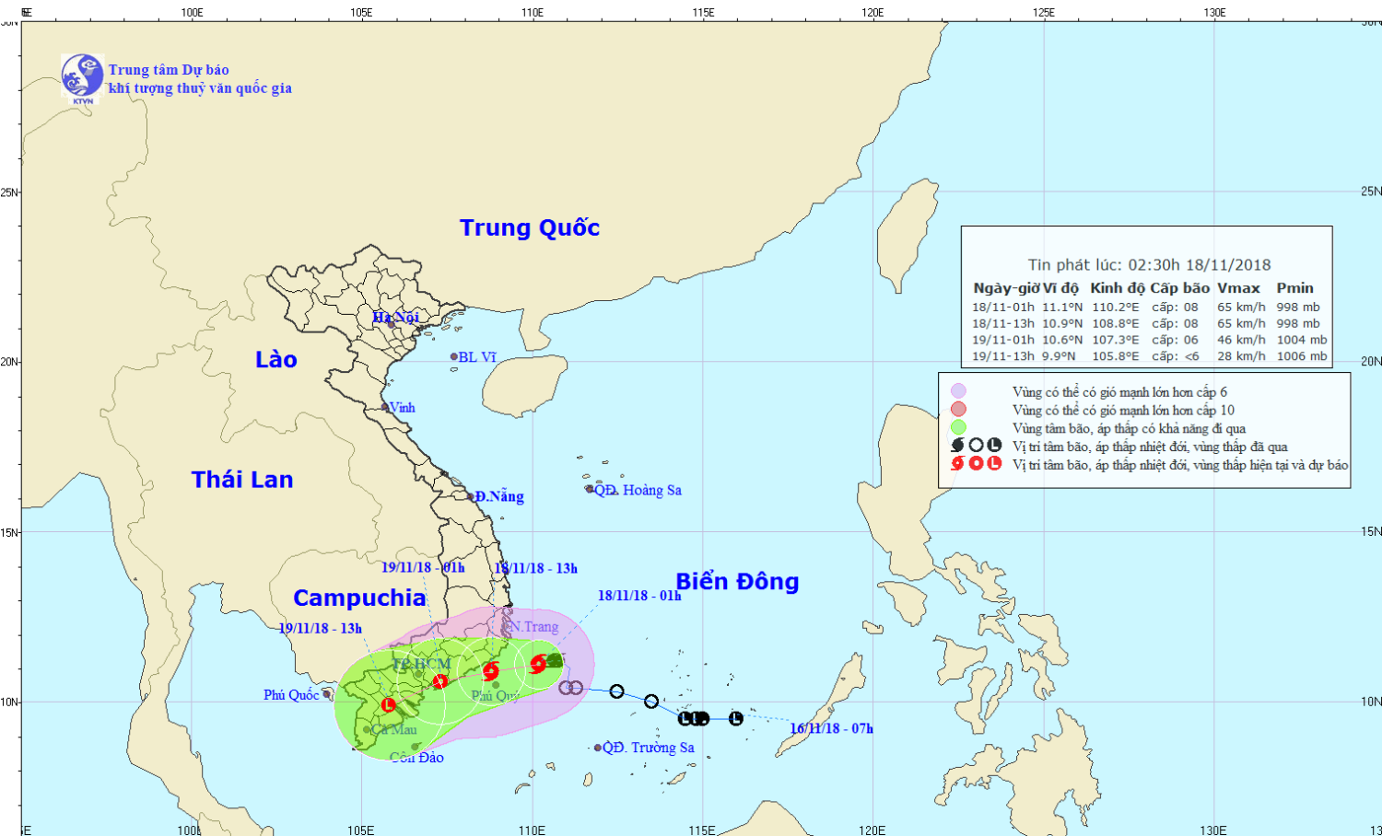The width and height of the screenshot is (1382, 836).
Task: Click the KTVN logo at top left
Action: click(82, 76)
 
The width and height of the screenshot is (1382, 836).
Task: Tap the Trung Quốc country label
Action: click(530, 227)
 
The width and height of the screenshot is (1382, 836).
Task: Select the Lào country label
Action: click(276, 359)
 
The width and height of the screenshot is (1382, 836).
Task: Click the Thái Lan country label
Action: click(242, 479)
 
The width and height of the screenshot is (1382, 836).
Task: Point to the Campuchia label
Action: click(359, 598)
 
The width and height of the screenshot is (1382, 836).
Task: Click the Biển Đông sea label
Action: click(737, 581)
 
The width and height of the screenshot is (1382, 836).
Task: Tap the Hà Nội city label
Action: click(396, 318)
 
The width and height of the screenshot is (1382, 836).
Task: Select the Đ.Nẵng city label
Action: click(499, 496)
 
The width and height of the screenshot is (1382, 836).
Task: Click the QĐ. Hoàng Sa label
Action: click(638, 490)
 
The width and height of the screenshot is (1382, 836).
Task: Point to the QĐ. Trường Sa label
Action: click(649, 748)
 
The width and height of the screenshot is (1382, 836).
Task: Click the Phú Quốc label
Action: click(291, 695)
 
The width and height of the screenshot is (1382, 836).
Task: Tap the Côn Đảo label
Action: click(416, 758)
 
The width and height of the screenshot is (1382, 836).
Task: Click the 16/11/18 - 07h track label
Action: click(831, 728)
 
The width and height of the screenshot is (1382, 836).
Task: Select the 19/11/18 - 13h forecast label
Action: click(320, 628)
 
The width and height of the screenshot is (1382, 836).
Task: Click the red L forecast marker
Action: click(388, 705)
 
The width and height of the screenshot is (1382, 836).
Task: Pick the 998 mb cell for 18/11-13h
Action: click(1297, 323)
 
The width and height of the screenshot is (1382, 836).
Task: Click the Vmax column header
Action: click(1238, 288)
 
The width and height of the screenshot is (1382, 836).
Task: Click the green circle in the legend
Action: click(958, 427)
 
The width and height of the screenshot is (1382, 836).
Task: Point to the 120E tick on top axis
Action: click(873, 13)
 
